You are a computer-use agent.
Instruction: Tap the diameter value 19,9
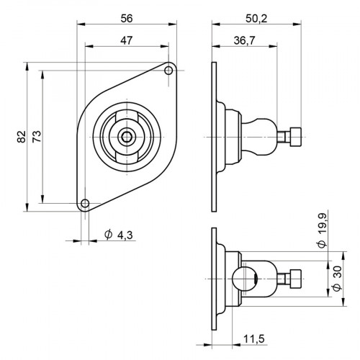[322, 230]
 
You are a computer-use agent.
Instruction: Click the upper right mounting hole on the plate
[168, 71]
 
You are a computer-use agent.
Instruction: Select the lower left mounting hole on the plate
[85, 202]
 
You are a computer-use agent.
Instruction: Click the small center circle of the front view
[127, 136]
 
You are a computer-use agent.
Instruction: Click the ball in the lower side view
[243, 278]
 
